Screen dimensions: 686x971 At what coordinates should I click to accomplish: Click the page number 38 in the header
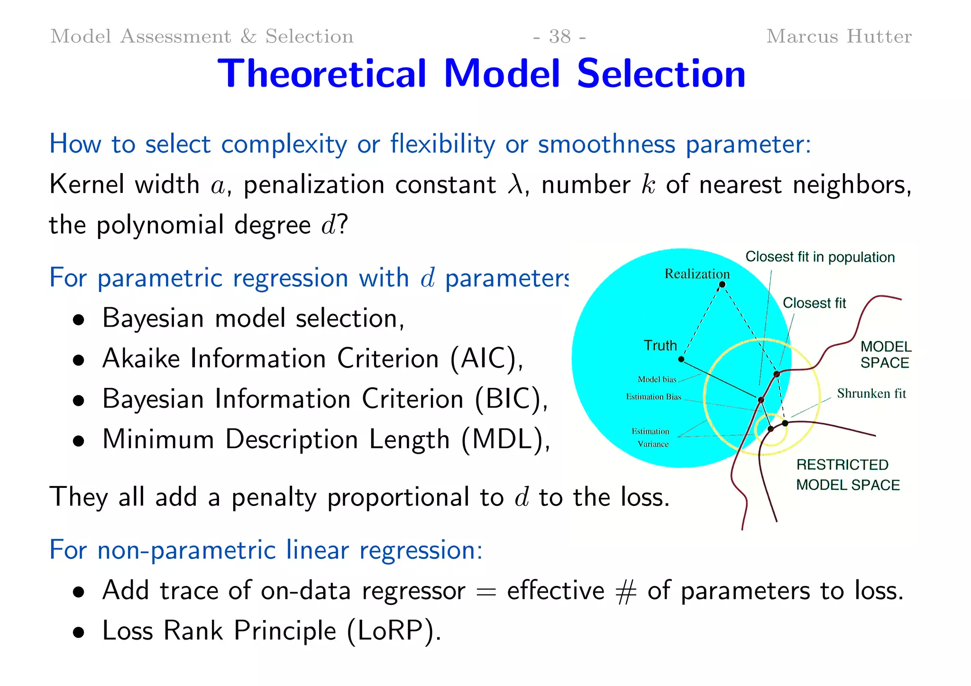pos(559,37)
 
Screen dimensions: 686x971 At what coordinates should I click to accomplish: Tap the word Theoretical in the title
pos(322,74)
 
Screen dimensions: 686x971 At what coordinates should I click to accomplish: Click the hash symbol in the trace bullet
pos(626,592)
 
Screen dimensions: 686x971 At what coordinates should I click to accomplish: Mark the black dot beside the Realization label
pos(722,284)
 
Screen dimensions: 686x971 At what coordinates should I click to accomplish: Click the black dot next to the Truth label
pos(681,359)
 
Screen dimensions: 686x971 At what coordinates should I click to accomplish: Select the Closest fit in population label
pos(820,257)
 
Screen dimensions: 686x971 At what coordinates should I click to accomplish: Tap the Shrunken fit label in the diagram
pos(871,393)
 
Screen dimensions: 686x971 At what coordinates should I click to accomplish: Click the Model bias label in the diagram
pos(657,379)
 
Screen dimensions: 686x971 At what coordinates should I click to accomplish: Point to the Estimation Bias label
pos(653,397)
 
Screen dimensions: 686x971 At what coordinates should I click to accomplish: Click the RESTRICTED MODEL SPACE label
pos(847,475)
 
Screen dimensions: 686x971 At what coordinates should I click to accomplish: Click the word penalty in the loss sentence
pos(274,497)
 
